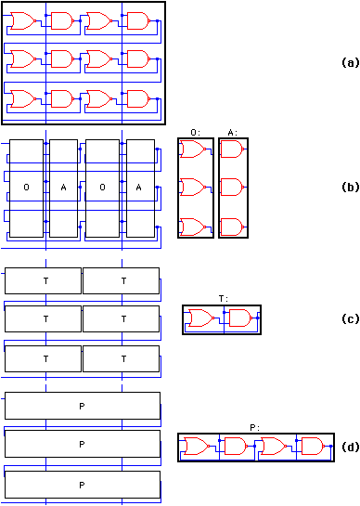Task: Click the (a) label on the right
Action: (x=349, y=63)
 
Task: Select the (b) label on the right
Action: (x=349, y=187)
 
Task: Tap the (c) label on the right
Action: (x=349, y=318)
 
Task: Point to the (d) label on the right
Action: (x=349, y=447)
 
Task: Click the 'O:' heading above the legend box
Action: (x=194, y=133)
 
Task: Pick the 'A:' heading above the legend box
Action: (x=233, y=133)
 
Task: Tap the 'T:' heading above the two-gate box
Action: (x=223, y=299)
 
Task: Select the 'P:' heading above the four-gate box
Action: (x=255, y=427)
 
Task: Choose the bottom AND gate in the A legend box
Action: (x=234, y=225)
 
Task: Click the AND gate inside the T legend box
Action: (x=239, y=319)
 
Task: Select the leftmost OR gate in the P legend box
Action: (x=197, y=447)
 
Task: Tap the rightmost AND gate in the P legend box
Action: (x=309, y=447)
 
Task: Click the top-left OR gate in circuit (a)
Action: (x=23, y=20)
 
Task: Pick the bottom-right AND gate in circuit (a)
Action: (x=136, y=97)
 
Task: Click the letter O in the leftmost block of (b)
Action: (x=25, y=188)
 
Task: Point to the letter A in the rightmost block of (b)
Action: (x=139, y=188)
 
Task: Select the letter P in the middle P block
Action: (x=82, y=445)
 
